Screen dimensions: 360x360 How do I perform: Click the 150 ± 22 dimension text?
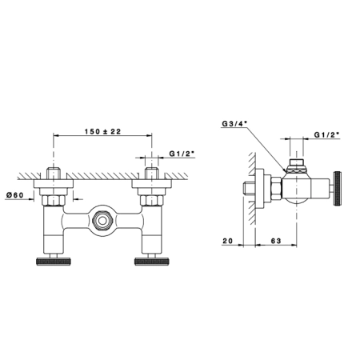(x=102, y=131)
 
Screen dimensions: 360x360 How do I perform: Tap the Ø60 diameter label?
(x=14, y=195)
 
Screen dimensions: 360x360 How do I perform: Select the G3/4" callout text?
(x=234, y=123)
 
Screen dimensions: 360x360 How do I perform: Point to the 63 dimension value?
(x=276, y=241)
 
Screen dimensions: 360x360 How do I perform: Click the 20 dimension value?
(x=227, y=241)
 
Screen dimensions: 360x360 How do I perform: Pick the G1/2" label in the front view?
(x=182, y=154)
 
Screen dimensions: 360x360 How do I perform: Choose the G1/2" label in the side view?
(x=327, y=134)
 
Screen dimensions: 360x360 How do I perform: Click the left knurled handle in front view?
(x=54, y=262)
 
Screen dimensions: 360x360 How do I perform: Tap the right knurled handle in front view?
(x=152, y=262)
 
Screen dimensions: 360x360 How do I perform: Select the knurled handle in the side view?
(x=338, y=189)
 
